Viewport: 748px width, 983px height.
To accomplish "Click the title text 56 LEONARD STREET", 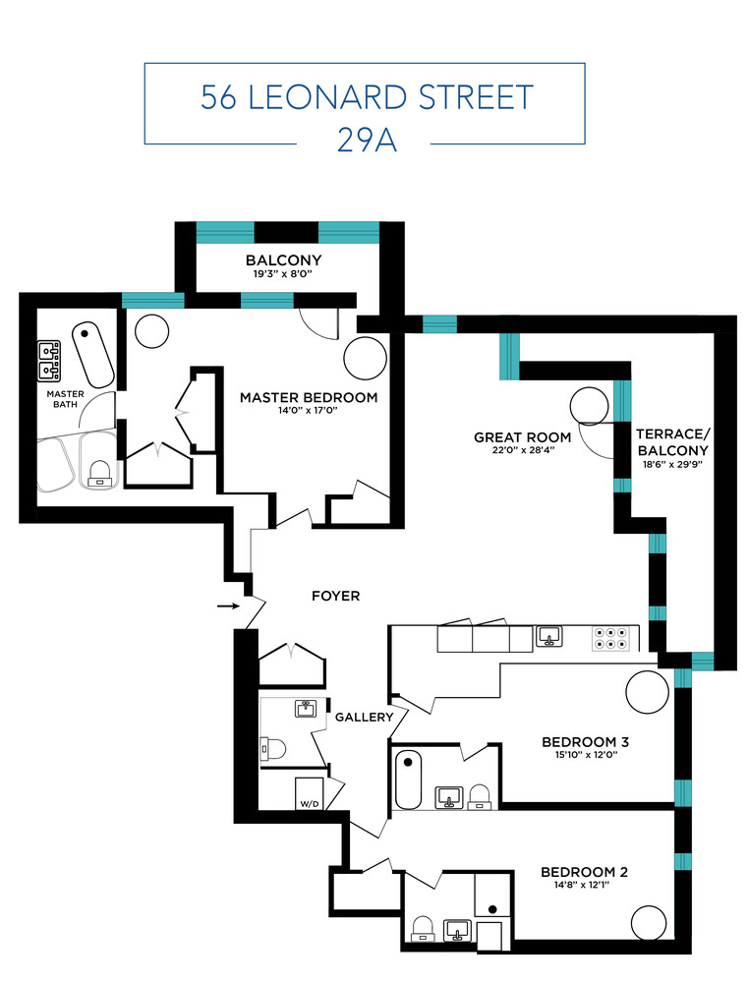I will tap(367, 97).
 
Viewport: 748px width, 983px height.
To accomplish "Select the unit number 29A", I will tap(366, 141).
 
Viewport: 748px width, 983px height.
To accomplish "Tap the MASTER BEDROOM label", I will tap(309, 398).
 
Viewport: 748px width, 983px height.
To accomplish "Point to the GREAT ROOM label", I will tap(522, 437).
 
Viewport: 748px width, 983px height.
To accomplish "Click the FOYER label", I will tap(335, 596).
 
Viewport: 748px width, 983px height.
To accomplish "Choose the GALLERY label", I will tap(364, 718).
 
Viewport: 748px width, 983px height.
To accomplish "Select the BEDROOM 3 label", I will tap(585, 742).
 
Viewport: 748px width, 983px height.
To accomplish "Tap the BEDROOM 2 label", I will tap(584, 872).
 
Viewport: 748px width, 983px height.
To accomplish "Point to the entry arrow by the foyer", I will tap(228, 607).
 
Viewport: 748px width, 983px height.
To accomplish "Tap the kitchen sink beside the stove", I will tap(548, 637).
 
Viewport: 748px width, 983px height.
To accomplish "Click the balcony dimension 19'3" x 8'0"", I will tap(283, 275).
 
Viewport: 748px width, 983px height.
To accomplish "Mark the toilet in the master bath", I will tap(99, 474).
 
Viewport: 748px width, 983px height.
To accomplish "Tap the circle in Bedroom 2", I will tap(650, 923).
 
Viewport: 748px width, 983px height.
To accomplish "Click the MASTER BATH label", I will tap(66, 399).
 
